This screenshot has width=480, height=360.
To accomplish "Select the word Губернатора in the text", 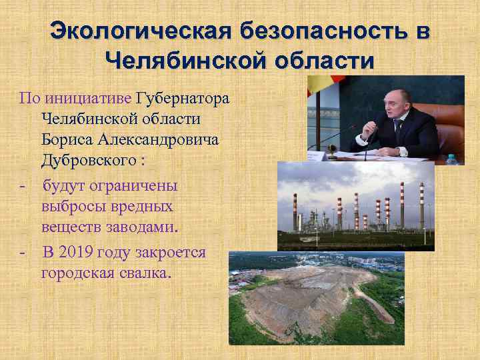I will pos(182,99).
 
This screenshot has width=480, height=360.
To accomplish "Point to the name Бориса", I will pos(68,140).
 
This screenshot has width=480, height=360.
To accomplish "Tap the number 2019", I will pos(75,253).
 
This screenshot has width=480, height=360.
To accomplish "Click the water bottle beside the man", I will pos(451,159).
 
